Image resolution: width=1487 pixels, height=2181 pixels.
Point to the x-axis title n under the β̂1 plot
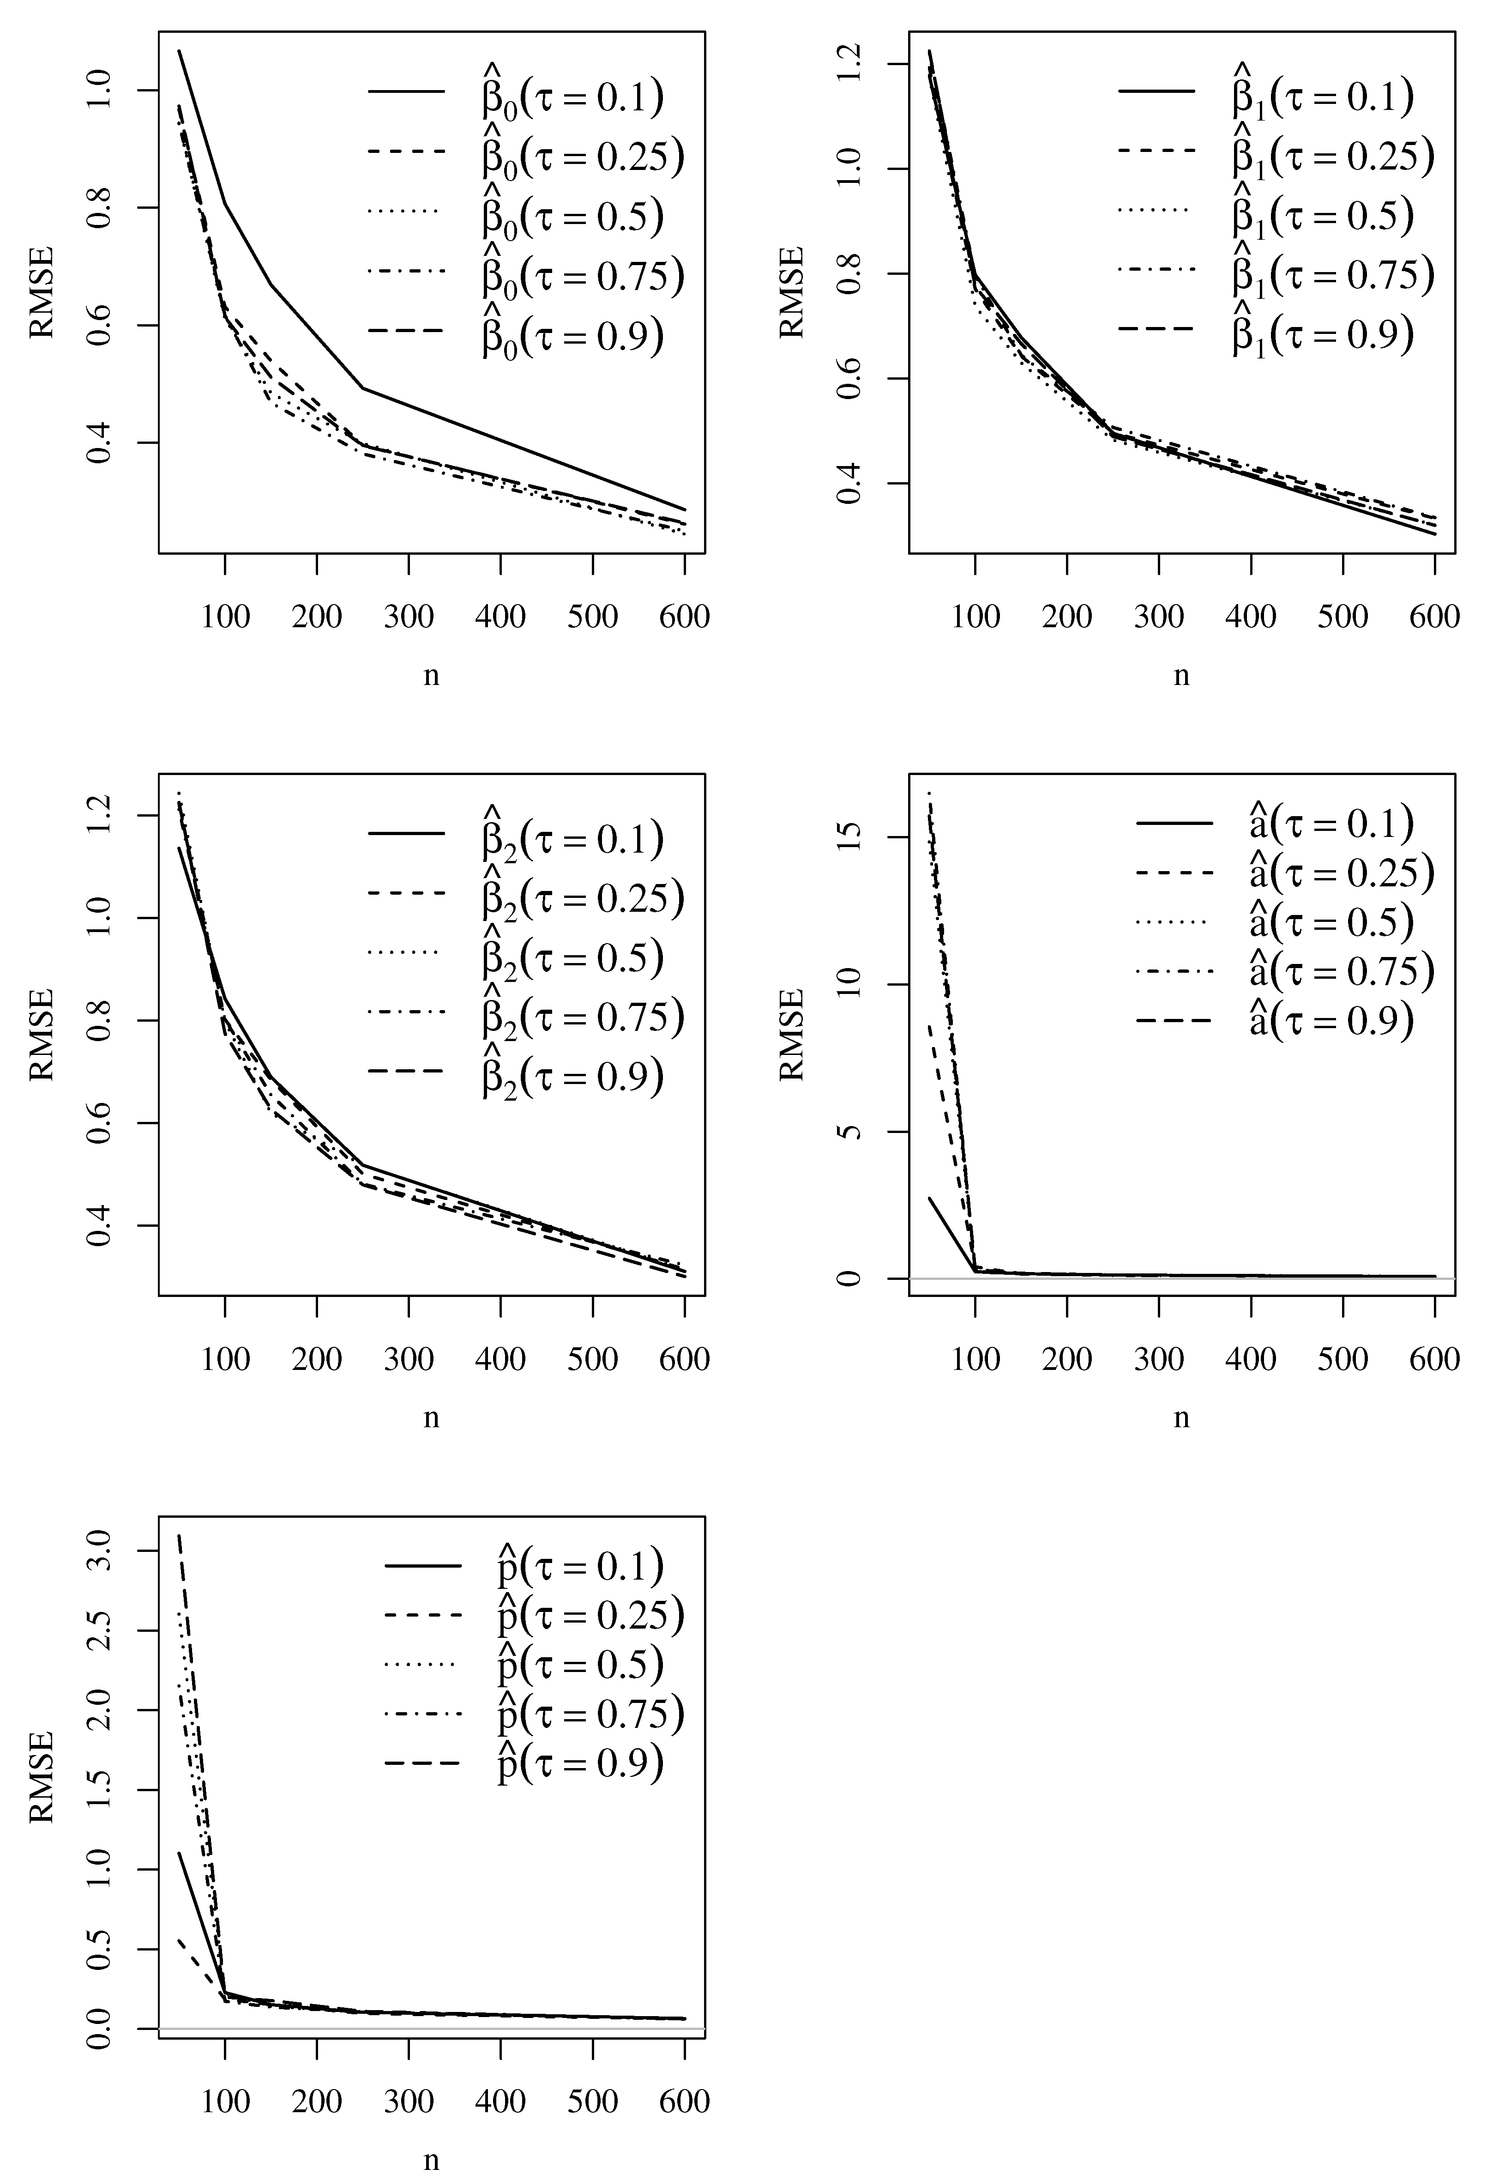click(x=1181, y=676)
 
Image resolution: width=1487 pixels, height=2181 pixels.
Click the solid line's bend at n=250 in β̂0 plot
click(x=362, y=388)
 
